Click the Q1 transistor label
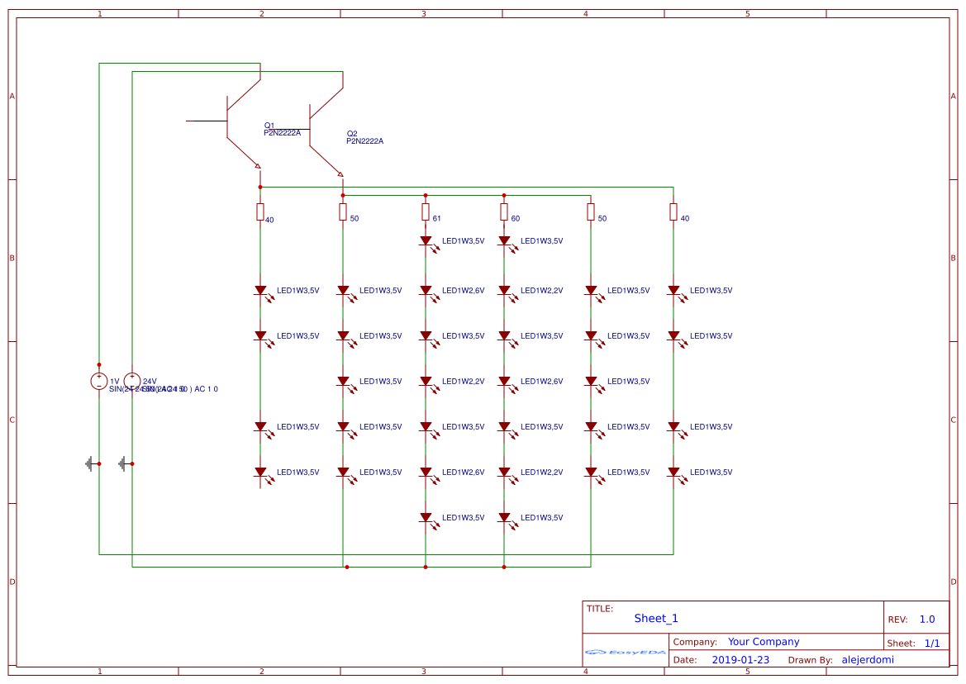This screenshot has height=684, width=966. coord(269,126)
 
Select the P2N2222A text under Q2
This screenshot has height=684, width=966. coord(364,141)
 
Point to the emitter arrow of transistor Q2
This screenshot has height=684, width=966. coord(340,173)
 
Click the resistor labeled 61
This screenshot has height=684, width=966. coord(426,212)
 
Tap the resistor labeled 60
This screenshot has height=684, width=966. coord(504,212)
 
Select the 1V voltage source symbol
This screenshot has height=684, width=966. coord(99,381)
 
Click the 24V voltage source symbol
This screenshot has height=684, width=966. coord(132,381)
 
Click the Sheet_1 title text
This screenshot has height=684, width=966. coord(656,618)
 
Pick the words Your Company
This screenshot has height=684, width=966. coord(764,642)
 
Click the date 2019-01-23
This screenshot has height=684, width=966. coord(740,660)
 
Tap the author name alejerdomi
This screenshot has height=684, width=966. coord(867,660)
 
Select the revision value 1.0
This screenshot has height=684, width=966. coord(927,619)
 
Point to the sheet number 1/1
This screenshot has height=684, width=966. coord(931,643)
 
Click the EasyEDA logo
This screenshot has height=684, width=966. coord(626,652)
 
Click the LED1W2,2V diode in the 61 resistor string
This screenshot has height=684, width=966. coord(426,382)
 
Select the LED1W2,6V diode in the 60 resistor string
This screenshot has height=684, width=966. coord(504,382)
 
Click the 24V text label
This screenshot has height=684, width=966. coord(150,381)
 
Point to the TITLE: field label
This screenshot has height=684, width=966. coord(600,609)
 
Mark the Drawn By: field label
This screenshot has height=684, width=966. coord(810,660)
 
